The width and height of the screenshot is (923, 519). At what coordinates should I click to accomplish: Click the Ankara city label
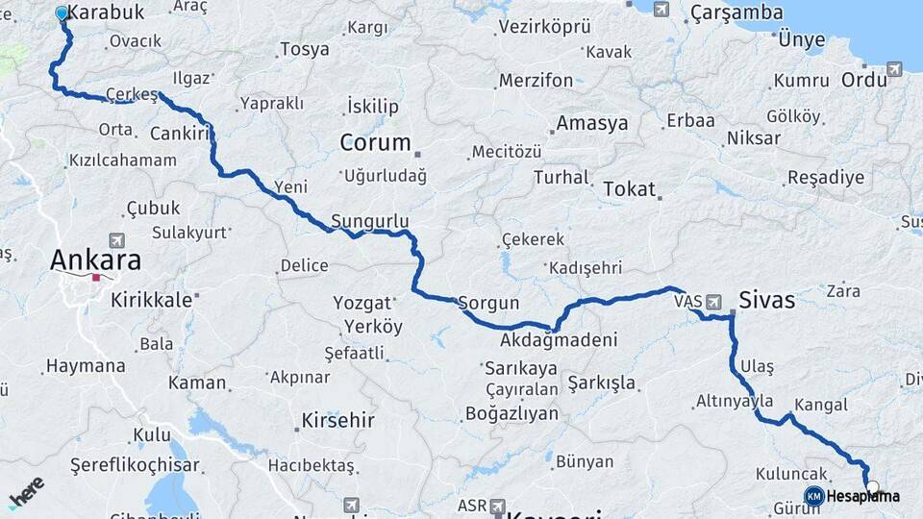(95, 259)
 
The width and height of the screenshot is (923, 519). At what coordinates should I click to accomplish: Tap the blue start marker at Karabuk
(62, 13)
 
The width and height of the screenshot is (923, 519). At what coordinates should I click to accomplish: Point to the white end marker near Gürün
(873, 487)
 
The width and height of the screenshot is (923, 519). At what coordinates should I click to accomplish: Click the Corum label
(375, 143)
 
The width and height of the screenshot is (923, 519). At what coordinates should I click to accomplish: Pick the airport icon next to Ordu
(894, 69)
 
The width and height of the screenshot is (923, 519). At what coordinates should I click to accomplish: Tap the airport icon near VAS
(712, 302)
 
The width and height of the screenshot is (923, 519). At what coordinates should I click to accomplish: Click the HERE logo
(27, 490)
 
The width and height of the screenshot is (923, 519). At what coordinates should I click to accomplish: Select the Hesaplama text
(863, 496)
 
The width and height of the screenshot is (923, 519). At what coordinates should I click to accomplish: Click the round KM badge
(813, 496)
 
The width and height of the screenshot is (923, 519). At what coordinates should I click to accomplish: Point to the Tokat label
(629, 189)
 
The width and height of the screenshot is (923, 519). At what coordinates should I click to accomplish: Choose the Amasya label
(592, 123)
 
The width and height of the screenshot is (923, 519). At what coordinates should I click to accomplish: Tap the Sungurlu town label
(370, 221)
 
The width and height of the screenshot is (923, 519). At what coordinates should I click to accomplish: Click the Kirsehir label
(337, 420)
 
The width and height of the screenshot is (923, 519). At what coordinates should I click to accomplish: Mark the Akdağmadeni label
(559, 340)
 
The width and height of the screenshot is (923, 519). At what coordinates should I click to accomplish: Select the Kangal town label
(821, 405)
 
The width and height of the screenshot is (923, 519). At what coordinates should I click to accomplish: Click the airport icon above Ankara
(117, 240)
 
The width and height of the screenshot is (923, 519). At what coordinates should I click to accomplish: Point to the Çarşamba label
(736, 12)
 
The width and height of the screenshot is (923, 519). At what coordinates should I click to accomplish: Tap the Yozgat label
(362, 303)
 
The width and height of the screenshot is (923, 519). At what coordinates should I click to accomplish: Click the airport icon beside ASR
(497, 506)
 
